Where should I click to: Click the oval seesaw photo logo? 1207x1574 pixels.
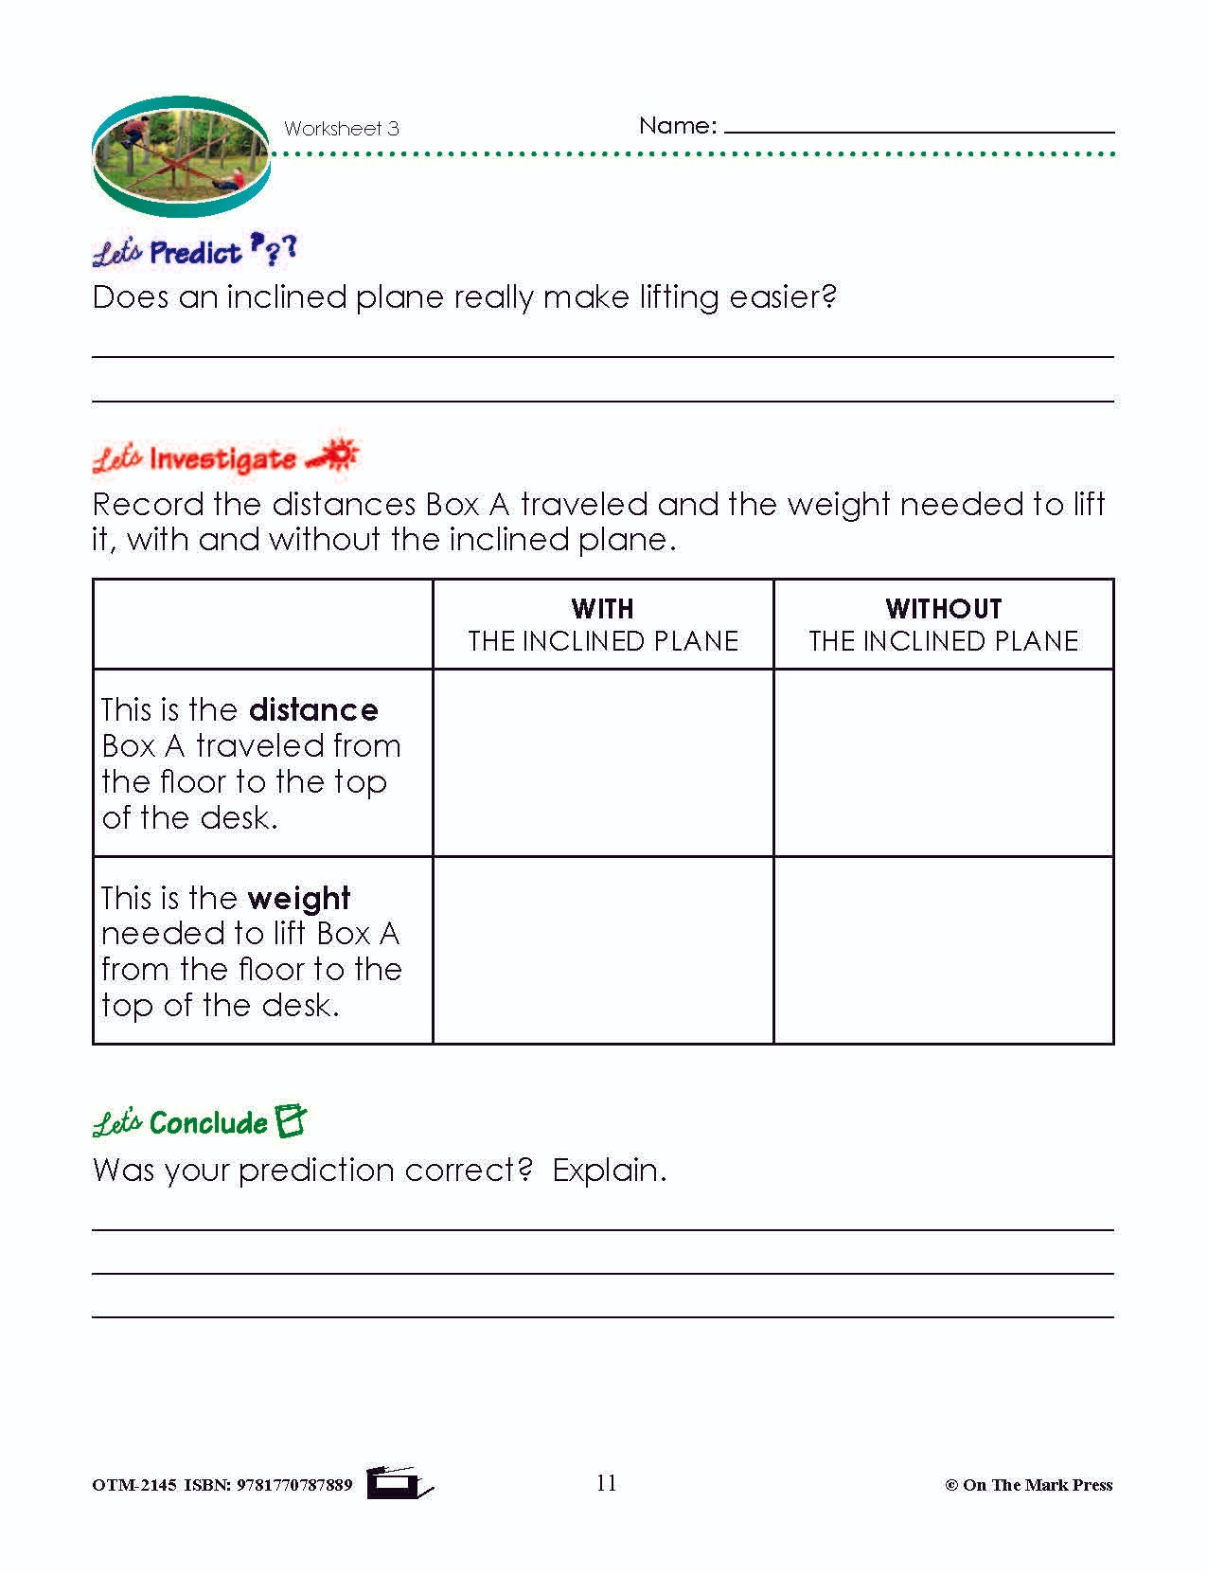tap(181, 157)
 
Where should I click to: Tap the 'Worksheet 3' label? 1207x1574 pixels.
tap(341, 129)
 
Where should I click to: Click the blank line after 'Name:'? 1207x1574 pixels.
tap(918, 127)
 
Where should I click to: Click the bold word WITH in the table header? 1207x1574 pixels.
tap(603, 609)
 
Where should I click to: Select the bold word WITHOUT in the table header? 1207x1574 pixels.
tap(943, 609)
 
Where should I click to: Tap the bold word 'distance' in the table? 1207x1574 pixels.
tap(313, 710)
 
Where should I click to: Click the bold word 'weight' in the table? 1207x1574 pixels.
tap(299, 898)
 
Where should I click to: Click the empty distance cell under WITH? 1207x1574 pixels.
tap(603, 762)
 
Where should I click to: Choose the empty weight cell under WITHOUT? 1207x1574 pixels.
tap(943, 950)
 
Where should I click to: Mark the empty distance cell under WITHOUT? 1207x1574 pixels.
tap(943, 762)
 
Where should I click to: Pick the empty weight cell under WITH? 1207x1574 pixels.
tap(603, 950)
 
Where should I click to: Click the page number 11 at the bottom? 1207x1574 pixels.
tap(607, 1483)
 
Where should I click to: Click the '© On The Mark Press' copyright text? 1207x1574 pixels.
tap(1029, 1485)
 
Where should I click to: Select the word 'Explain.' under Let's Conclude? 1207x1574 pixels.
tap(610, 1171)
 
